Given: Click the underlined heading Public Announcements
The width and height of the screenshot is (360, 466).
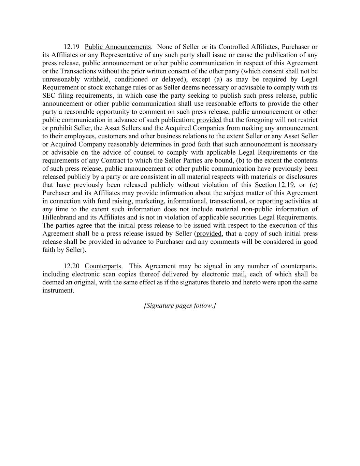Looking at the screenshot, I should click(118, 47).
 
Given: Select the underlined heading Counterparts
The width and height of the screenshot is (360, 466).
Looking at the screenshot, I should click(103, 266).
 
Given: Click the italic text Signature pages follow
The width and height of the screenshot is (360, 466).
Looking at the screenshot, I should click(180, 306).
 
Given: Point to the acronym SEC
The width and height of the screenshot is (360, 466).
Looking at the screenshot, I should click(49, 96).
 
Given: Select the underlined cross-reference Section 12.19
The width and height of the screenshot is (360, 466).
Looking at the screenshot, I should click(274, 185).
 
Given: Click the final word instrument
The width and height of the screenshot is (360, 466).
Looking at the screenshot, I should click(58, 291).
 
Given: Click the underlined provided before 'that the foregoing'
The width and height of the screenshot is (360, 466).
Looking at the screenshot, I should click(209, 120).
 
